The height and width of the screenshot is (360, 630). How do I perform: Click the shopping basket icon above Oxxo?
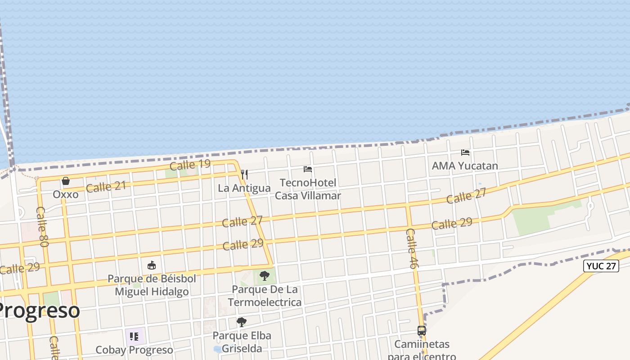pos(66,181)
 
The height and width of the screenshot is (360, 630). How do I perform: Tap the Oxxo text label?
pos(66,194)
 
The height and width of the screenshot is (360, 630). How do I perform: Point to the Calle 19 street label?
pos(190,165)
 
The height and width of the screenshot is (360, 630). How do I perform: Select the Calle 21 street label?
pos(106,186)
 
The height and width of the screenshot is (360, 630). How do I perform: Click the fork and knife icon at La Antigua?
pos(244,175)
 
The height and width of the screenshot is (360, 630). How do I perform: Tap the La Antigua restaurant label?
pos(244,188)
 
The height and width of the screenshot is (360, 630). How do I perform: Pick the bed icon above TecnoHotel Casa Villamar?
pos(308,169)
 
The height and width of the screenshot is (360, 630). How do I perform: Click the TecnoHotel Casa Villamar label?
pos(308,189)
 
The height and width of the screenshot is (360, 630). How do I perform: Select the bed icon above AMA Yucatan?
pos(465,153)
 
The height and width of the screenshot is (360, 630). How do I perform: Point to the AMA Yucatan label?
pos(465,166)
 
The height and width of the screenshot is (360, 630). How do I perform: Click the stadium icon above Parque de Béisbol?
pos(152,265)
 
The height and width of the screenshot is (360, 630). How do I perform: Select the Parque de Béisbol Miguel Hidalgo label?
pos(152,285)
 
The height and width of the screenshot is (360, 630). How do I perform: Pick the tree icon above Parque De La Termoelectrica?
pos(265,275)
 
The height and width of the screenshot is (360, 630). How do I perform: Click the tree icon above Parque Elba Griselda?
pos(242,322)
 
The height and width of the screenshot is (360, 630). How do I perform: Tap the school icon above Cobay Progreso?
pos(134,336)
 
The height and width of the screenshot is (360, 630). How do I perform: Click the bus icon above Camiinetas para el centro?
pos(422,331)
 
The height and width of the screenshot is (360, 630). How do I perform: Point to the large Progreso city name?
pos(40,310)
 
